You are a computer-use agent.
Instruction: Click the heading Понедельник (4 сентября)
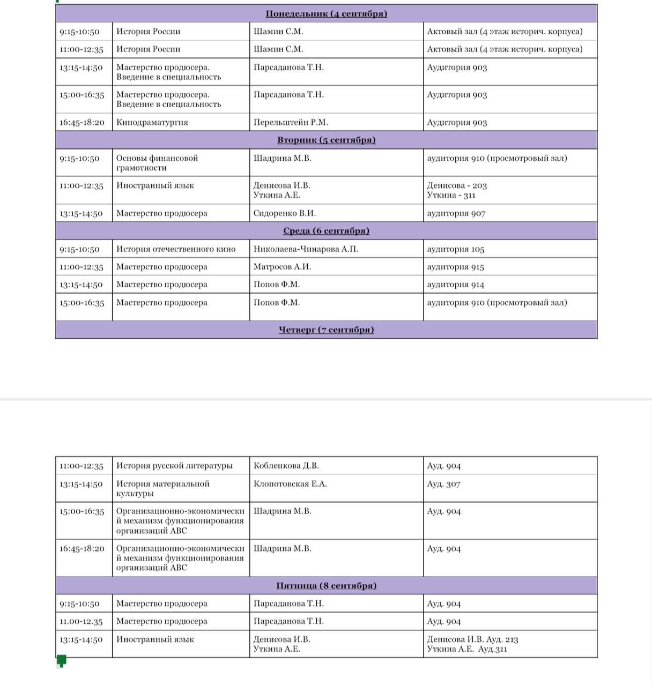click(326, 14)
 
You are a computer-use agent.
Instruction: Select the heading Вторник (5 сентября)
click(326, 140)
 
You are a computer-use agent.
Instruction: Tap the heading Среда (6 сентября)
click(326, 231)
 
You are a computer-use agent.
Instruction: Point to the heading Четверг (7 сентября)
click(326, 330)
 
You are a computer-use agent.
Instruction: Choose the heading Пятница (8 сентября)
click(326, 586)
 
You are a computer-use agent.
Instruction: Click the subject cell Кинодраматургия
click(152, 122)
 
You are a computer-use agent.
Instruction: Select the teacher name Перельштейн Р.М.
click(291, 122)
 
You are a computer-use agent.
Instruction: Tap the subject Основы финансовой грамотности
click(157, 163)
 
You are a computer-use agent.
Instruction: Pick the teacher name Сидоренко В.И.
click(285, 213)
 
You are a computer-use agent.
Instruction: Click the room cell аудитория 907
click(456, 213)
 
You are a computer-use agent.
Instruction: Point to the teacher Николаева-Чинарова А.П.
click(306, 249)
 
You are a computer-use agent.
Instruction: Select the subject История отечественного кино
click(176, 249)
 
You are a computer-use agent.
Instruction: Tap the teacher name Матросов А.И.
click(282, 267)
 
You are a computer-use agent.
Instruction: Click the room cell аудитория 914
click(456, 285)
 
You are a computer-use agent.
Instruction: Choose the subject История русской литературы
click(174, 466)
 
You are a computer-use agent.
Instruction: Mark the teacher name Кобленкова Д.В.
click(286, 466)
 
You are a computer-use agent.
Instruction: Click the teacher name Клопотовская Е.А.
click(290, 484)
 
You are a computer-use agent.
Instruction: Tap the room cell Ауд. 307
click(444, 484)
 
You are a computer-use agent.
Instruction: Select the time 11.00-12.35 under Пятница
click(81, 622)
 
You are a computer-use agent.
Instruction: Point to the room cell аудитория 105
click(456, 249)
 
